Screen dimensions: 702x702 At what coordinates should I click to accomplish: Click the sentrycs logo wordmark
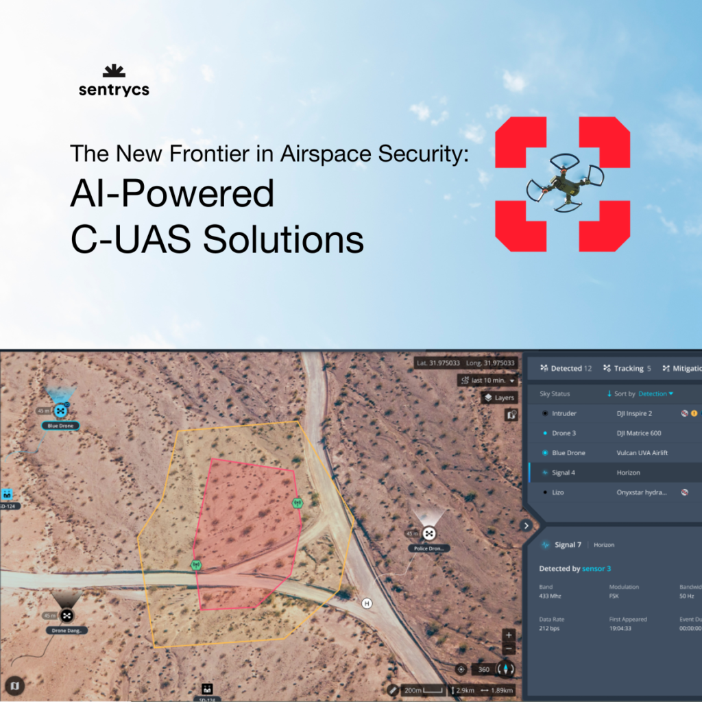point(114,90)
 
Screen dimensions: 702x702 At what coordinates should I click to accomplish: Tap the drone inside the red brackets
point(564,183)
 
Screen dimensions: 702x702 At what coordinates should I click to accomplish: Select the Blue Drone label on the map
point(60,426)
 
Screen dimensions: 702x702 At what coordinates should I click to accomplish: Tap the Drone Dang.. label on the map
point(66,630)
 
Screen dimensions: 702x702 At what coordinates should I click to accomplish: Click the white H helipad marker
point(367,603)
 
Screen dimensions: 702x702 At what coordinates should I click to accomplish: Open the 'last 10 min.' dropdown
point(487,380)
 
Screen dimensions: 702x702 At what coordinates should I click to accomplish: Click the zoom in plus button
point(509,635)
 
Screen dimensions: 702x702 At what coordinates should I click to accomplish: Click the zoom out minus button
point(509,649)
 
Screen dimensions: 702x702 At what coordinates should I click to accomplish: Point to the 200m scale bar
point(422,690)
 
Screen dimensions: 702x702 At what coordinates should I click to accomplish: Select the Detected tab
point(566,368)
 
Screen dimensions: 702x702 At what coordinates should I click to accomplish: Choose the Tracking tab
point(623,368)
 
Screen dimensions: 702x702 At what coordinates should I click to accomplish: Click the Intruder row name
point(564,413)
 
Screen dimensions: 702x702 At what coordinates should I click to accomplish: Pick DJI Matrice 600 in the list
point(639,433)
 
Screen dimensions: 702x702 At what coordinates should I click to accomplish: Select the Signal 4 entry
point(563,473)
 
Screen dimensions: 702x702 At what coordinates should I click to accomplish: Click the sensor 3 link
point(596,569)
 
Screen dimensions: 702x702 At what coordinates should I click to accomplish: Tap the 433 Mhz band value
point(550,597)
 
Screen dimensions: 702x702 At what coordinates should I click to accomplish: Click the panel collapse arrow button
point(526,526)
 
